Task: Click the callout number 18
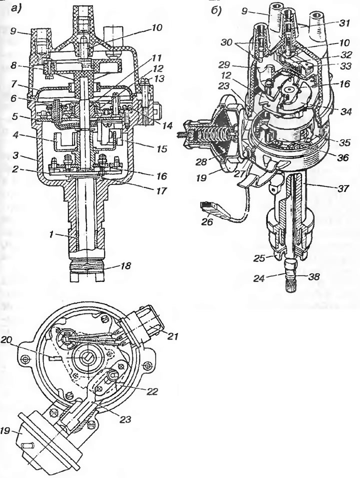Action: (x=125, y=266)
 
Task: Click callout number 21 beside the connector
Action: (x=171, y=336)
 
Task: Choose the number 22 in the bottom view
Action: (x=152, y=391)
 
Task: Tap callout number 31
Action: (x=345, y=23)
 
